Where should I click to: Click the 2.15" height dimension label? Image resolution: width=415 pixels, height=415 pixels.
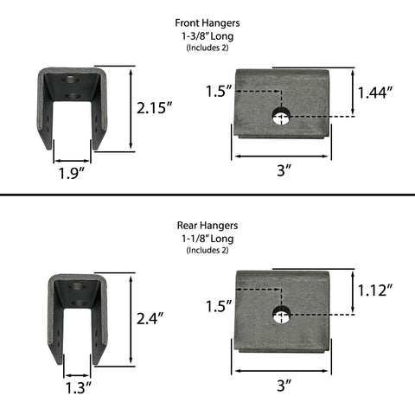click(x=154, y=108)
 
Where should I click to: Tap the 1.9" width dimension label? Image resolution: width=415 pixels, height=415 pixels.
click(x=72, y=173)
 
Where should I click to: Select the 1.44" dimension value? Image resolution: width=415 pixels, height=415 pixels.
click(x=375, y=93)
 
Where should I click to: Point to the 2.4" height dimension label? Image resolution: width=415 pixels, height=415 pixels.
click(x=150, y=319)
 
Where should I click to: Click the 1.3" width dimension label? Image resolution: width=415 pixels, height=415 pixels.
click(x=79, y=387)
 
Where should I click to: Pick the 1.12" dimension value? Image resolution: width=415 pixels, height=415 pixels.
click(x=375, y=290)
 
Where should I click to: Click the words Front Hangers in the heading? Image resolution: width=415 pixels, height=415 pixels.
click(x=207, y=23)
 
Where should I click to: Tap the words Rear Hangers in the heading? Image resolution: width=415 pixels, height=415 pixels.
click(x=207, y=226)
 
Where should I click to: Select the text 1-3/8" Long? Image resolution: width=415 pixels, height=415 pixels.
click(x=207, y=36)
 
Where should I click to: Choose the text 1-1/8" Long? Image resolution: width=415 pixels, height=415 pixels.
click(x=207, y=239)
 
